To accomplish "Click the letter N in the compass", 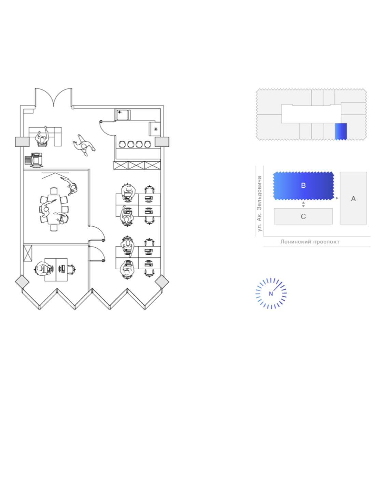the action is click(x=271, y=294).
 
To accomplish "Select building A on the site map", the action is click(x=353, y=198).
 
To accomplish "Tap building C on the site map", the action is click(x=303, y=216).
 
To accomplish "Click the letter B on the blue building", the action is click(x=303, y=185).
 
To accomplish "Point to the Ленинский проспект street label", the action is click(x=310, y=242).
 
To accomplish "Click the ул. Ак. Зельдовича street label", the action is click(x=259, y=203).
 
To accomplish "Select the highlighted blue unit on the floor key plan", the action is click(x=341, y=131).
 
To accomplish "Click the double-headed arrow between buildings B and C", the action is click(x=303, y=204).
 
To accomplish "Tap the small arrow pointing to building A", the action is click(x=337, y=198).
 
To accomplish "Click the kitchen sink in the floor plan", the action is click(x=123, y=115).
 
